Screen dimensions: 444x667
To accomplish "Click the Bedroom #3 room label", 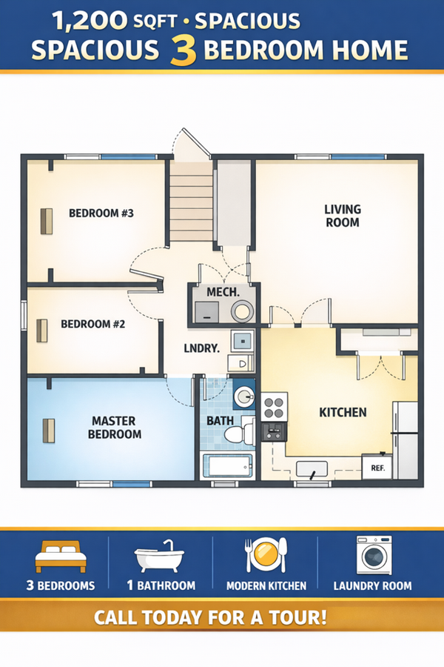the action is pos(101,213).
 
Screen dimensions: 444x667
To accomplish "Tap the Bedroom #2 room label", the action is pos(93,324).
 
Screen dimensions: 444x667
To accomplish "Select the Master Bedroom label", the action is pos(114,428).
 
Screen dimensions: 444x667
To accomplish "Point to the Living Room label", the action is pos(343,216).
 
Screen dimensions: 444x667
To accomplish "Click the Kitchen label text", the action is pos(343,412).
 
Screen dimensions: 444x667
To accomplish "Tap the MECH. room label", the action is pos(223,292).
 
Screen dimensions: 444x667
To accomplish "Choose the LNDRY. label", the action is pos(202,348).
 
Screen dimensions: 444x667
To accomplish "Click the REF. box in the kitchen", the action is pos(377,467).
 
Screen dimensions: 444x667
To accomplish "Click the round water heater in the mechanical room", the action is pos(242,311).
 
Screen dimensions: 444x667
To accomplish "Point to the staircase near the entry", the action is pos(191,201).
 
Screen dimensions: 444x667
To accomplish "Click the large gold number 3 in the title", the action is pos(183,51).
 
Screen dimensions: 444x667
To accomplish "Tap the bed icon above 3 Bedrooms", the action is pos(61,557).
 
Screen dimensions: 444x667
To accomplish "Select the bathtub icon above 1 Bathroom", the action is pos(159,557).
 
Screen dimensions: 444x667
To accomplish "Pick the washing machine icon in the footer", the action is pos(374,555).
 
